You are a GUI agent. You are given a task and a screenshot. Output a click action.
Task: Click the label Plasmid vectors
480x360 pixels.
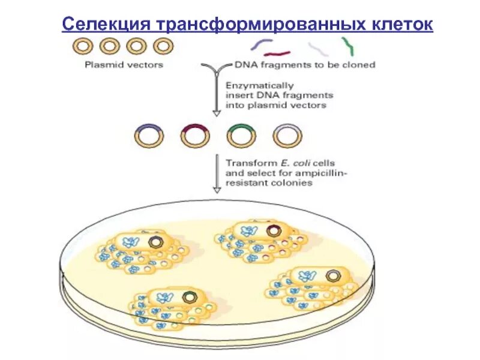[124, 65]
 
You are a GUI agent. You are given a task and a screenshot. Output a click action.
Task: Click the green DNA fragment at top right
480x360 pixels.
[347, 46]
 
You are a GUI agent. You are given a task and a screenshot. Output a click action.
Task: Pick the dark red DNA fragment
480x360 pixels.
[277, 53]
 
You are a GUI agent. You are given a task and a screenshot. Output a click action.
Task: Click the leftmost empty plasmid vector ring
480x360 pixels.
[83, 46]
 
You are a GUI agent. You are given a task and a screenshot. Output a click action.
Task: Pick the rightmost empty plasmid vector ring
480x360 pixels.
[163, 46]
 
